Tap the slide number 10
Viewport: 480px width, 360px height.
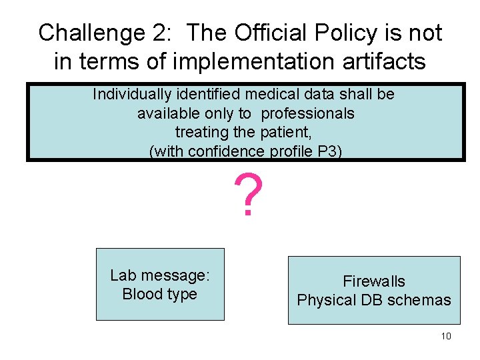click(x=446, y=336)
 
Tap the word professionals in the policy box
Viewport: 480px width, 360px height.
click(x=307, y=113)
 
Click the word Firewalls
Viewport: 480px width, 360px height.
click(x=374, y=281)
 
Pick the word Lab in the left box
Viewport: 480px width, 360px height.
click(x=122, y=275)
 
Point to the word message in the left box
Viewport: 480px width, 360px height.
click(x=173, y=275)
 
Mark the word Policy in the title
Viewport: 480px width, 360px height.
click(x=347, y=32)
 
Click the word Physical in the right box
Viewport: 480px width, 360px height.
click(x=327, y=300)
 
